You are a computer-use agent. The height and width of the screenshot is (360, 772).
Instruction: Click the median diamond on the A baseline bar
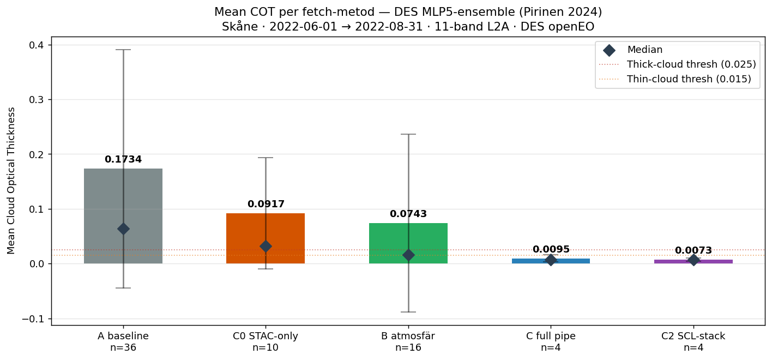pyautogui.click(x=123, y=229)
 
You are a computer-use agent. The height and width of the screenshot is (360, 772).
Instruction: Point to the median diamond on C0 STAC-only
pyautogui.click(x=266, y=246)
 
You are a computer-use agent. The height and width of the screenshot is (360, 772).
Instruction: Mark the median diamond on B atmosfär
pyautogui.click(x=408, y=255)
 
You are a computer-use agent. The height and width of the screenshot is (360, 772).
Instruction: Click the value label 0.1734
pyautogui.click(x=123, y=159)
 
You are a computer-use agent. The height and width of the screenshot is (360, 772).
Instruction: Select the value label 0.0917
pyautogui.click(x=266, y=204)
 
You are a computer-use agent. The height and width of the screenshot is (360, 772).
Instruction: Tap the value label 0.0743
pyautogui.click(x=408, y=214)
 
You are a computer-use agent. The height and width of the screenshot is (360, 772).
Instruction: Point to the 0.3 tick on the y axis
pyautogui.click(x=37, y=100)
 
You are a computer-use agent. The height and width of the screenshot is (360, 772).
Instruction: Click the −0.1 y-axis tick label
pyautogui.click(x=34, y=319)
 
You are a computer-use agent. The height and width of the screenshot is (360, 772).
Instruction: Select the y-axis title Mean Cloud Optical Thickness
pyautogui.click(x=11, y=181)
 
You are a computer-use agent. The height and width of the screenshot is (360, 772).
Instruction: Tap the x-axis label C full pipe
pyautogui.click(x=551, y=336)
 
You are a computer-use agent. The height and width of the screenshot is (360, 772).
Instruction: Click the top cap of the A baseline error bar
pyautogui.click(x=123, y=50)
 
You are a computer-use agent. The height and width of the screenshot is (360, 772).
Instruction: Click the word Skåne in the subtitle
pyautogui.click(x=239, y=27)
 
